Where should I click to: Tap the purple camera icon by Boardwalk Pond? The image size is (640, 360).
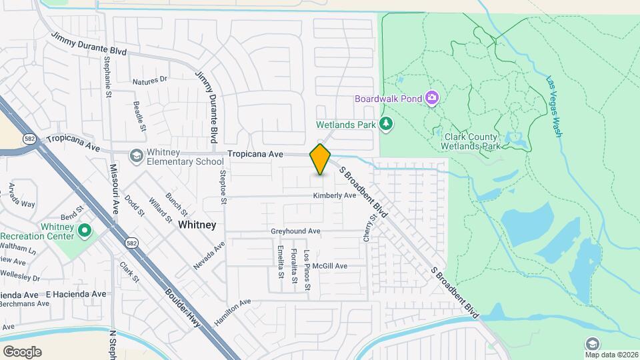[432, 99]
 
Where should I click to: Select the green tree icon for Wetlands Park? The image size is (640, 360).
[385, 123]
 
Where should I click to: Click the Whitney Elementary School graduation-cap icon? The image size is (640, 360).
[136, 156]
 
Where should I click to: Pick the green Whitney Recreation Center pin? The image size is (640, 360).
[85, 231]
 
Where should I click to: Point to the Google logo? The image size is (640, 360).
[22, 351]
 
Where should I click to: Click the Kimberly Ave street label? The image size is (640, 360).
[335, 195]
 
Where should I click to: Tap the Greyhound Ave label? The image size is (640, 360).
[295, 231]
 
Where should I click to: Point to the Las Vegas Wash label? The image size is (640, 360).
[554, 107]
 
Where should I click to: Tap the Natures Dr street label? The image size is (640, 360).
[149, 80]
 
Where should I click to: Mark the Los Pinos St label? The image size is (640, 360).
[307, 269]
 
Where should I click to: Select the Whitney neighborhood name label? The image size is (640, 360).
[197, 225]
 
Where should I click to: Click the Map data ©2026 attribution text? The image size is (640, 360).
[611, 354]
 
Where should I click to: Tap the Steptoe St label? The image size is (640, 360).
[224, 187]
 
